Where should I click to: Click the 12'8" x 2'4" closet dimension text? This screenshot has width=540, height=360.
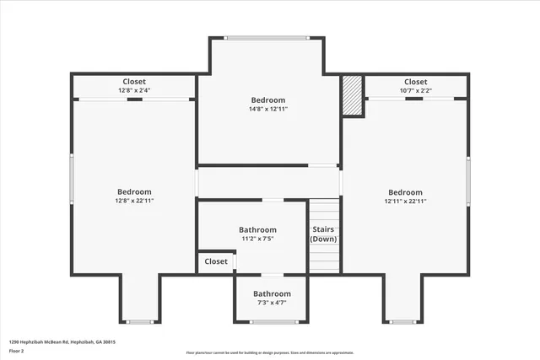134,90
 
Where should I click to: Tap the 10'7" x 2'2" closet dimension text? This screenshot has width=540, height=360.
415,90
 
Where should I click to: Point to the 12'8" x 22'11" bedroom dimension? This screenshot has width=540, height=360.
134,201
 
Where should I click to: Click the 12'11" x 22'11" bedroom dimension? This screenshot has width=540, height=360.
405,201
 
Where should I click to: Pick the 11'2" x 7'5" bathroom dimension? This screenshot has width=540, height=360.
257,239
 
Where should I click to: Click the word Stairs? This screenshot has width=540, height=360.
323,229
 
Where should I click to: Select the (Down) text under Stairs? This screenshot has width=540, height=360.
323,239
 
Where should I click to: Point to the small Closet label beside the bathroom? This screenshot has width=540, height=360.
216,261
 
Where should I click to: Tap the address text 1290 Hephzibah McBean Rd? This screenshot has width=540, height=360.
62,342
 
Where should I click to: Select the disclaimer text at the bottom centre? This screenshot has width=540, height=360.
269,352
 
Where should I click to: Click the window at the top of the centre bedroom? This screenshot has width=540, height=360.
267,37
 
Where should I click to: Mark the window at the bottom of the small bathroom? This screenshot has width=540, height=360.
270,322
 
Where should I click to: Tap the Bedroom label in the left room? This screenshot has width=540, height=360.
134,191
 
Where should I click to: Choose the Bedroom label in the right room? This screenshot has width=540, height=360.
405,192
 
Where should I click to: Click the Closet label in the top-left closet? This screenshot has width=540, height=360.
134,82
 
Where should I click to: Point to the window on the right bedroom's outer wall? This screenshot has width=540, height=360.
468,180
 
